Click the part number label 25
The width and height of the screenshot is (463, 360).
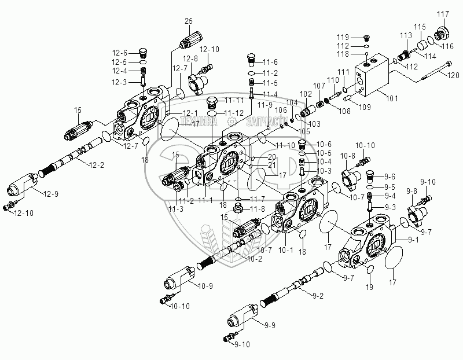click(x=188, y=21)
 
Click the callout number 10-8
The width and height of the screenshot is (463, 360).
click(x=347, y=156)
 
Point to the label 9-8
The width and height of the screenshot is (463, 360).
click(x=412, y=190)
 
